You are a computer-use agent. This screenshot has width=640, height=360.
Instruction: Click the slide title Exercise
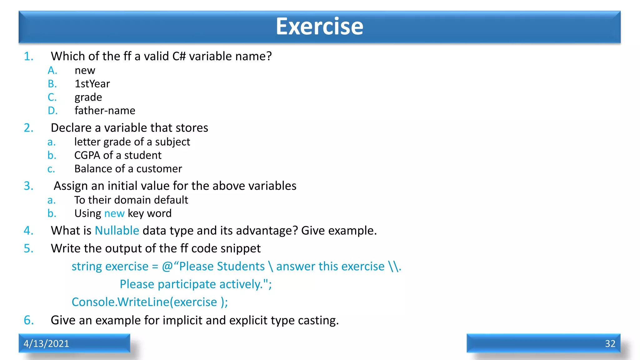pyautogui.click(x=319, y=26)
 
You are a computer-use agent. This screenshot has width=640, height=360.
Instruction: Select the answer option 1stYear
pyautogui.click(x=92, y=84)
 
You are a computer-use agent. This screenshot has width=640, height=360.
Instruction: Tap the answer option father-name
pyautogui.click(x=105, y=111)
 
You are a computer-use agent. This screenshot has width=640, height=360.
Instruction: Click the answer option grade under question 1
pyautogui.click(x=88, y=97)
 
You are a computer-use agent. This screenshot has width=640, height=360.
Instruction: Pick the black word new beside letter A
pyautogui.click(x=85, y=71)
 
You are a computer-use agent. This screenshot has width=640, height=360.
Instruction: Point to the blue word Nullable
pyautogui.click(x=117, y=231)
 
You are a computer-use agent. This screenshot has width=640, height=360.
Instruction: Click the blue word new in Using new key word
pyautogui.click(x=114, y=213)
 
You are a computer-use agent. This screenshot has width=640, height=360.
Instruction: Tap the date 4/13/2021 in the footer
pyautogui.click(x=46, y=343)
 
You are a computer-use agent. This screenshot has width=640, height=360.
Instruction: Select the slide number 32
pyautogui.click(x=610, y=343)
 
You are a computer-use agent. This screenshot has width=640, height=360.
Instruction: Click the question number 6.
pyautogui.click(x=28, y=320)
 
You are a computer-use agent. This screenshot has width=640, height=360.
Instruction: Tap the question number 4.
pyautogui.click(x=28, y=231)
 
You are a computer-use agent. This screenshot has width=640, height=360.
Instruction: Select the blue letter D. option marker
pyautogui.click(x=52, y=111)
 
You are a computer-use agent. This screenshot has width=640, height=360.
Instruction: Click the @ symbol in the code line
pyautogui.click(x=167, y=267)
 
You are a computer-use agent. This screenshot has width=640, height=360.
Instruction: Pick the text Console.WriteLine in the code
pyautogui.click(x=120, y=302)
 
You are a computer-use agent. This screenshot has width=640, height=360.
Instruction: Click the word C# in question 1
pyautogui.click(x=179, y=56)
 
